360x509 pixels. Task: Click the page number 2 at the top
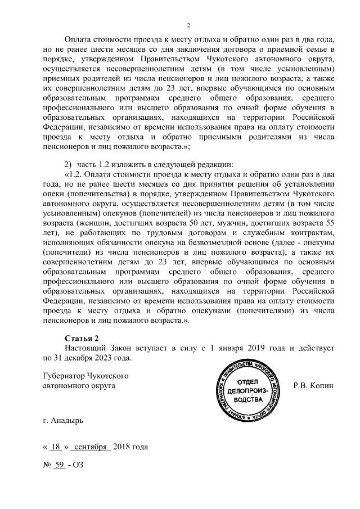pyautogui.click(x=189, y=25)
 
